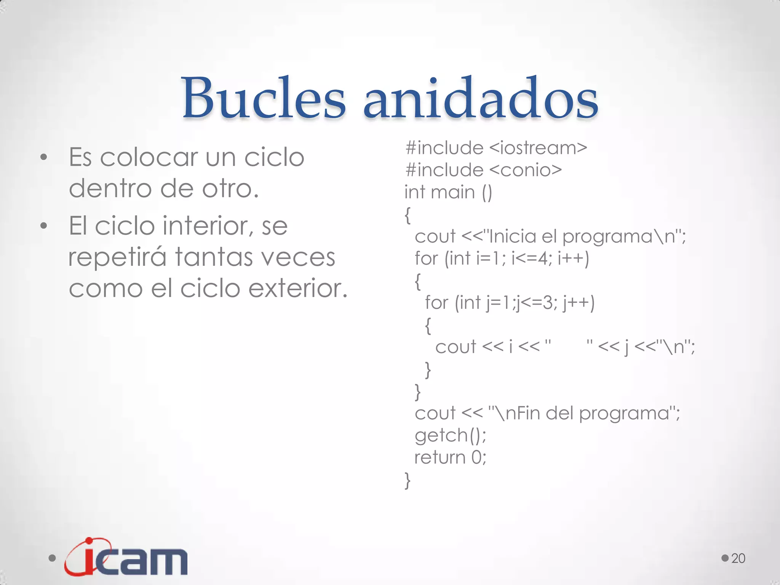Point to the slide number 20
point(738,558)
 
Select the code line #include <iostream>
point(496,148)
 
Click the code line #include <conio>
point(483,170)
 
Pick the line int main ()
point(448,192)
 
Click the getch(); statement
point(450,435)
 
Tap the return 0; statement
point(450,457)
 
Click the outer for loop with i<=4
point(502,258)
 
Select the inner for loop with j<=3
point(510,303)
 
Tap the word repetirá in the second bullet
point(117,257)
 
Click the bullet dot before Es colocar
point(44,157)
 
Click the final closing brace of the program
point(408,480)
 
